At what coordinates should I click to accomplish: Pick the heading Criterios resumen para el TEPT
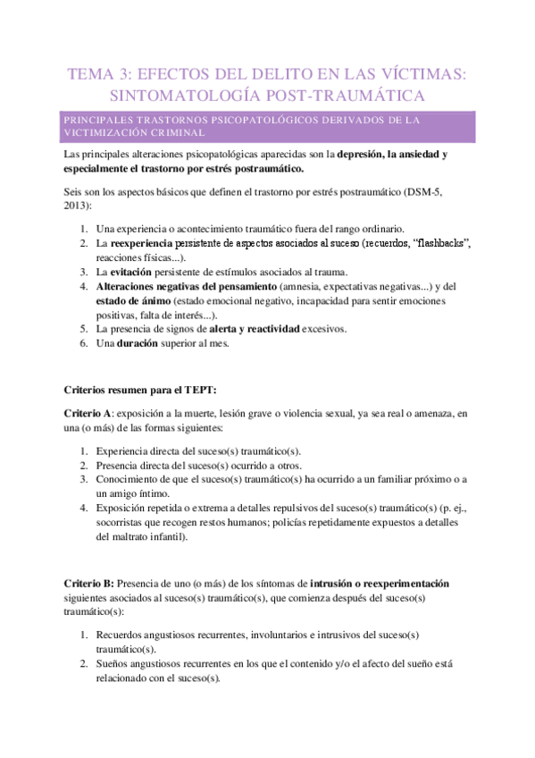[140, 391]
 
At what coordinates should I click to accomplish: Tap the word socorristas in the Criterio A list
[122, 523]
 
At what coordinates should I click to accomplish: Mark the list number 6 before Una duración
[83, 343]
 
